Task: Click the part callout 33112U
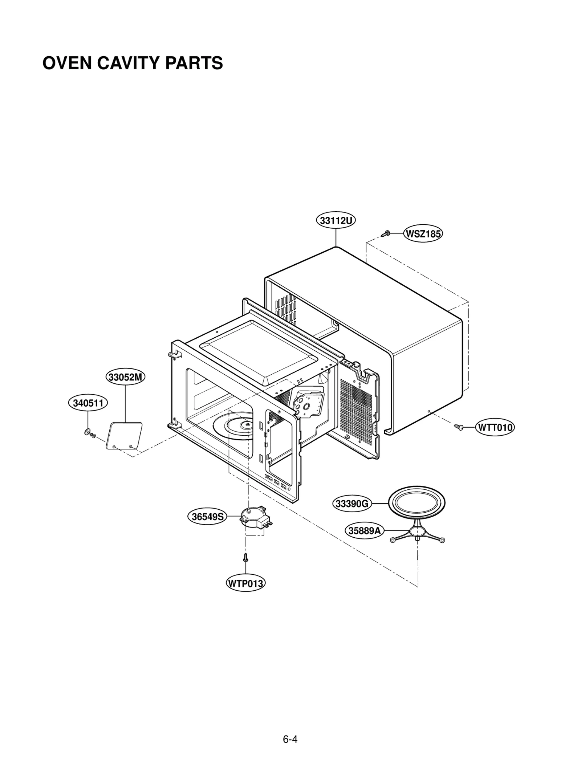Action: tap(336, 221)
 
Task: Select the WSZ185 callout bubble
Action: tap(423, 233)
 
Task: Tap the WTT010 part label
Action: tap(495, 427)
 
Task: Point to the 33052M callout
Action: tap(125, 377)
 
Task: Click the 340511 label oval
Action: tap(88, 403)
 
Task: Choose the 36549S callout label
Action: tap(207, 516)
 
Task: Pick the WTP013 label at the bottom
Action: tap(245, 583)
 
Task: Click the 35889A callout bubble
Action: tap(364, 531)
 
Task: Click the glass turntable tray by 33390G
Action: tap(417, 503)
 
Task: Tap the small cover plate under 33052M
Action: tap(124, 436)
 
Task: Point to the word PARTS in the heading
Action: tap(194, 63)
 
